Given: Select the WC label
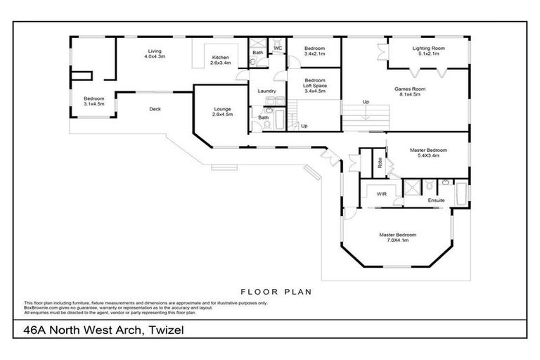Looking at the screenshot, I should click(278, 48).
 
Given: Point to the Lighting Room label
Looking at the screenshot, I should click(428, 48).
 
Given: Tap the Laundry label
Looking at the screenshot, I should click(266, 91).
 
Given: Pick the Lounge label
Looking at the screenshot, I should click(223, 109).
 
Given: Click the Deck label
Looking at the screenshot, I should click(155, 109).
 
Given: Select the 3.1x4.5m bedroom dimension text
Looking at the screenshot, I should click(94, 104).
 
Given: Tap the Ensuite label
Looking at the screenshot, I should click(437, 201).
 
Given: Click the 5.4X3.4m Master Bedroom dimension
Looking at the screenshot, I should click(428, 155).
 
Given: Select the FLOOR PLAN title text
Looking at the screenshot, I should click(276, 290).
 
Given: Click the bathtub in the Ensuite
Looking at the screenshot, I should click(461, 193).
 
